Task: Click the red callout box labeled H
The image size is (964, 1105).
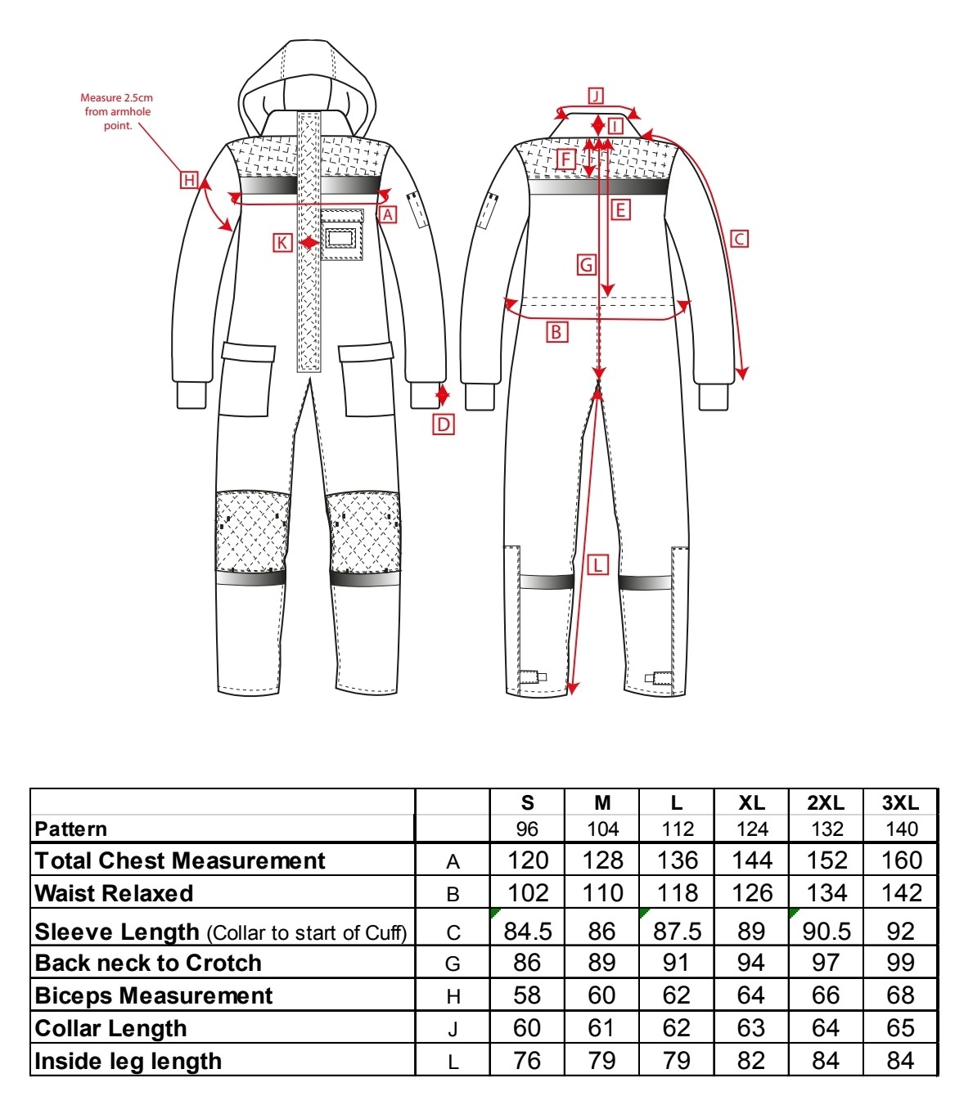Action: pyautogui.click(x=189, y=180)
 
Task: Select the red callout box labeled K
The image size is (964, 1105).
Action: pyautogui.click(x=282, y=242)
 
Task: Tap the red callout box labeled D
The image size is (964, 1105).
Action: pyautogui.click(x=443, y=424)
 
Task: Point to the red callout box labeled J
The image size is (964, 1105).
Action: pyautogui.click(x=596, y=97)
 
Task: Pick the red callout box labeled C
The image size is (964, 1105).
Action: pyautogui.click(x=739, y=239)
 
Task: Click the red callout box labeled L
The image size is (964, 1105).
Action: pyautogui.click(x=597, y=565)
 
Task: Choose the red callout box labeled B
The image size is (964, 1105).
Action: pyautogui.click(x=556, y=331)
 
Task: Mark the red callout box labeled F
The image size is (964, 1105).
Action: pyautogui.click(x=566, y=159)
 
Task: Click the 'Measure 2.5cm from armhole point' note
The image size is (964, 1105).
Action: pyautogui.click(x=117, y=112)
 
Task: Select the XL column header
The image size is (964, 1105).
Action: pyautogui.click(x=751, y=803)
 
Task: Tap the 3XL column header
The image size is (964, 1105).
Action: pyautogui.click(x=900, y=803)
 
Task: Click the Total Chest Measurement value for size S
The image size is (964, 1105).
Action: pyautogui.click(x=528, y=860)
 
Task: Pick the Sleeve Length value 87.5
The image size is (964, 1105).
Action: pyautogui.click(x=677, y=932)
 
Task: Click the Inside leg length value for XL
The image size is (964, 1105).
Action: pyautogui.click(x=751, y=1062)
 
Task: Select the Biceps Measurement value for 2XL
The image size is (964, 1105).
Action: pyautogui.click(x=826, y=995)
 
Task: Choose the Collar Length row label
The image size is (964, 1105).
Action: pyautogui.click(x=110, y=1029)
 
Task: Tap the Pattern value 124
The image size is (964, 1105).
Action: pyautogui.click(x=752, y=829)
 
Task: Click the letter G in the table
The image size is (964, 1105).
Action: pyautogui.click(x=453, y=964)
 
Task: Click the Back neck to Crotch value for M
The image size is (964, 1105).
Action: pyautogui.click(x=602, y=963)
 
